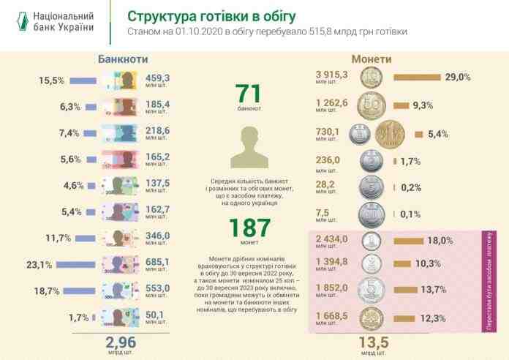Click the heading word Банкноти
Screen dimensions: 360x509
122,59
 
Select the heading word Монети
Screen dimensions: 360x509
371,59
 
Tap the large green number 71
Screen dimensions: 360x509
249,94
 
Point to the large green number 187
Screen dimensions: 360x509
249,229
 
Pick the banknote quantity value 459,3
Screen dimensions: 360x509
157,77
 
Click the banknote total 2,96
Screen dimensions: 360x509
121,341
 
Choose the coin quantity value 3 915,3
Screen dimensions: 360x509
332,75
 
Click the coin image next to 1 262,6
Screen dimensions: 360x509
371,105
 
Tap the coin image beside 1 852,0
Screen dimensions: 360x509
371,290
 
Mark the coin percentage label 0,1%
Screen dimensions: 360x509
411,214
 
